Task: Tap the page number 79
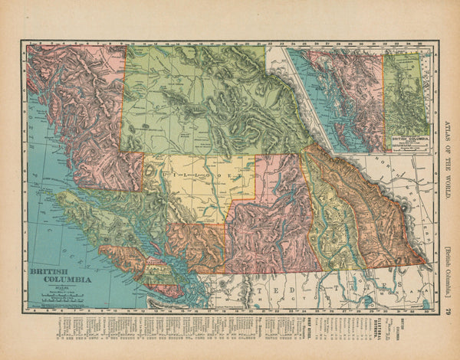(449, 311)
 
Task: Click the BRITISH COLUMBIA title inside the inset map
(406, 140)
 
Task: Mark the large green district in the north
(199, 100)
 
